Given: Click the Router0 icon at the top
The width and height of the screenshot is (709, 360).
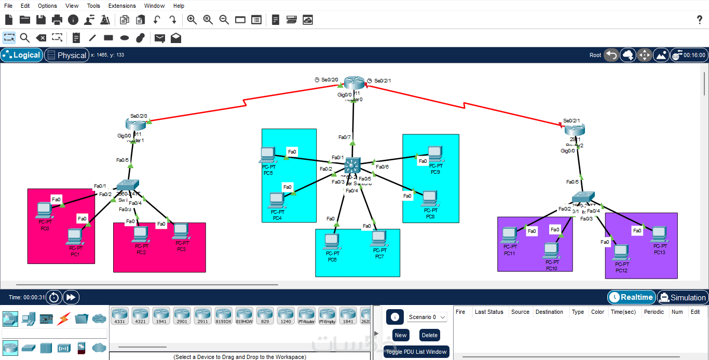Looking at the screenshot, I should [354, 83].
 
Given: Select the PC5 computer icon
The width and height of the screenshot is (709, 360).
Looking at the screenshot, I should [267, 155].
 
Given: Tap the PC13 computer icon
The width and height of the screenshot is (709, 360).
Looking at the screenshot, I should [659, 234].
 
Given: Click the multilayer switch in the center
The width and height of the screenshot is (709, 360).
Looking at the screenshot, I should [352, 166].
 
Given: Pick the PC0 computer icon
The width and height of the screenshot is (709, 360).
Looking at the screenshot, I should [44, 210].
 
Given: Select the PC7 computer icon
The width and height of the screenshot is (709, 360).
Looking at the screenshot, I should [379, 239].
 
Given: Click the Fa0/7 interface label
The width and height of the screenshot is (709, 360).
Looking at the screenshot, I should [345, 137].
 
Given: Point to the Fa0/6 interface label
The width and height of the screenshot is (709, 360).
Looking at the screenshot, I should [382, 167].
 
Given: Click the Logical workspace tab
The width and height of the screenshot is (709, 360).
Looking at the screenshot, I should [22, 55].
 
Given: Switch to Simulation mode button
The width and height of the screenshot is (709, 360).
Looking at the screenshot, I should [683, 297].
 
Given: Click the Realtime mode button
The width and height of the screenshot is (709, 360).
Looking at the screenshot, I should [631, 297].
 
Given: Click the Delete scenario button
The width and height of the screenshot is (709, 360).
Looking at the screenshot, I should [429, 335].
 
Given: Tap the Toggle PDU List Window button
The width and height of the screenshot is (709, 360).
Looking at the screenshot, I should [416, 352].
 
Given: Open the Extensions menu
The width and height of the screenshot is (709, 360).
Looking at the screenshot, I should [122, 6].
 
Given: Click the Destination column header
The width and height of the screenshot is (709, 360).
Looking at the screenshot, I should [549, 312].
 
